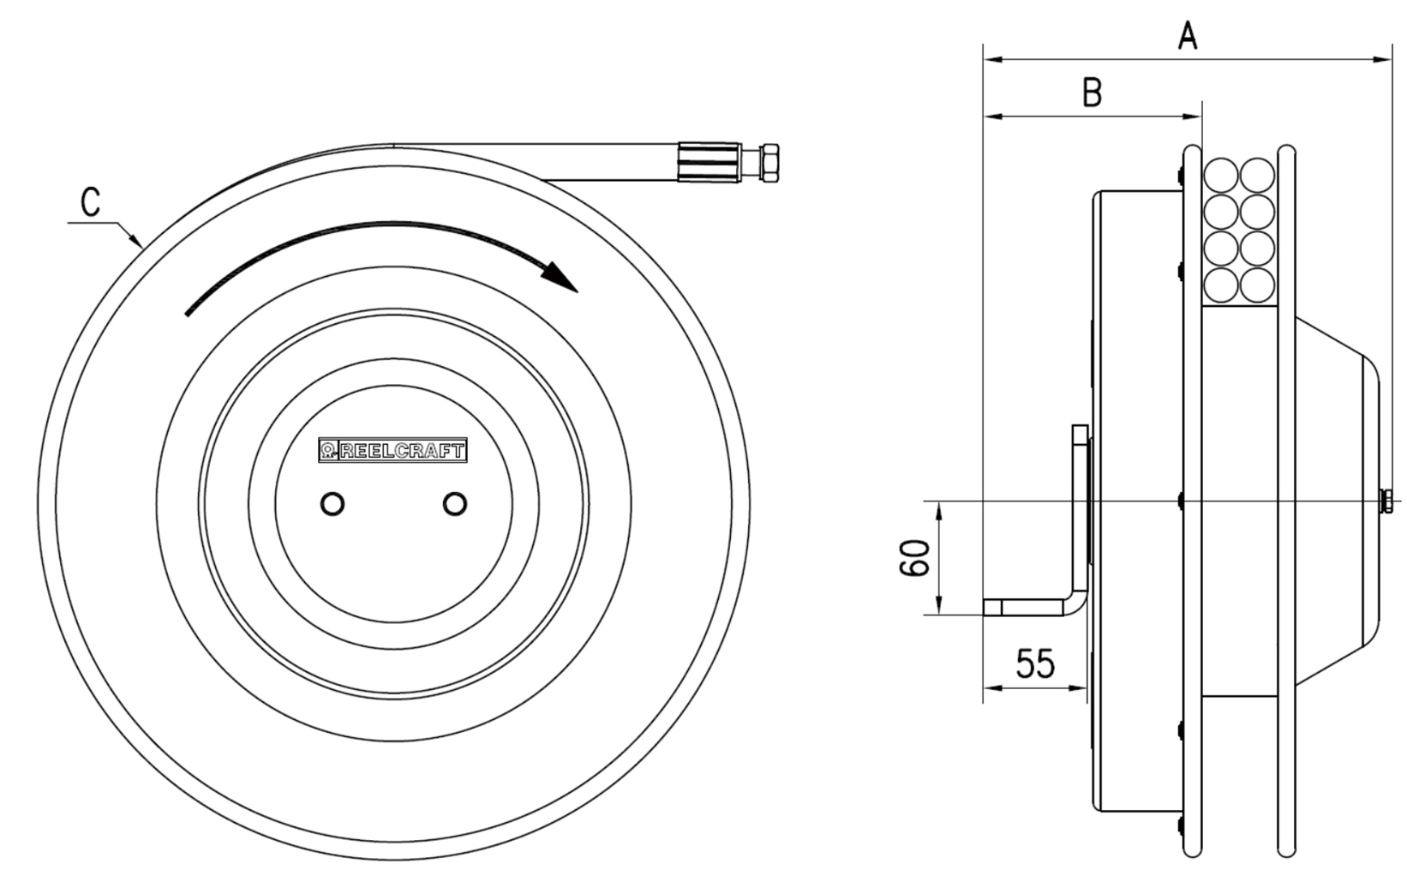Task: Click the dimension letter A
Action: click(1187, 35)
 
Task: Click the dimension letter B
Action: click(1093, 93)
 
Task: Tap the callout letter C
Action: click(91, 203)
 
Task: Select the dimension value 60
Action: click(914, 558)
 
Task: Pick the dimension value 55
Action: click(1036, 663)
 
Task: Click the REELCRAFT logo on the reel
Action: click(392, 450)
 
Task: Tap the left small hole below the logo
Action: click(332, 504)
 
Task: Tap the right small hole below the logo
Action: click(455, 504)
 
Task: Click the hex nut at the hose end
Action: click(769, 163)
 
